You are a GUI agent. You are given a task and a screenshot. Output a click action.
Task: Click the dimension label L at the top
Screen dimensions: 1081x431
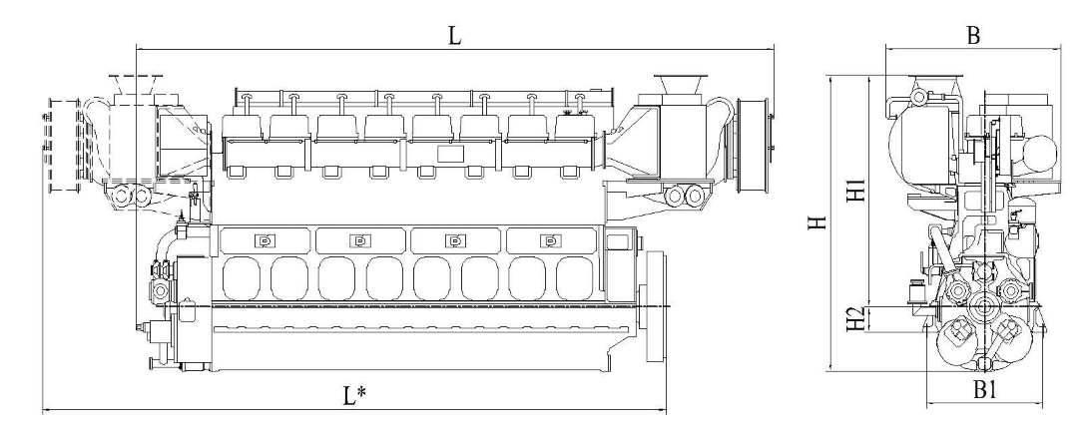(454, 36)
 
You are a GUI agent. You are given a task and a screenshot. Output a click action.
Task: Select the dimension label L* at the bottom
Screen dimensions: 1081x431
(354, 395)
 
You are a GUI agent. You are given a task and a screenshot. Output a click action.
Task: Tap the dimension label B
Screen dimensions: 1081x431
(973, 36)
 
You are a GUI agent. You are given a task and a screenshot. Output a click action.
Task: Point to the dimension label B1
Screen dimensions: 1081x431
(985, 390)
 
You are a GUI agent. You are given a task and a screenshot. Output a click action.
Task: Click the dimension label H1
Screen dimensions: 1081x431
(855, 190)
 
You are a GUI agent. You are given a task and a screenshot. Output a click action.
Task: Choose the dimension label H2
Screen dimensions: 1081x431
(855, 319)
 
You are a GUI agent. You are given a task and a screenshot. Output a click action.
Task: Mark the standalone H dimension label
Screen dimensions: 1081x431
(816, 222)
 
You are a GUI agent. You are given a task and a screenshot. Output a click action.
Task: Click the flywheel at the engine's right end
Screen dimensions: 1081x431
(656, 306)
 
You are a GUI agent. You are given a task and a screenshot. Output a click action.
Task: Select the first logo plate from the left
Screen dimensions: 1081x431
(265, 240)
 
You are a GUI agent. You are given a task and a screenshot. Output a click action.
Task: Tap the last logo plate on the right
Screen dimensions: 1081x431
(550, 240)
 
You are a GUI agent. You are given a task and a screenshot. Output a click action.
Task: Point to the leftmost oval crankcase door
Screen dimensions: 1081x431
(242, 278)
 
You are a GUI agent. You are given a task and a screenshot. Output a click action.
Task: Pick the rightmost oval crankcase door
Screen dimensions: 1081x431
(575, 278)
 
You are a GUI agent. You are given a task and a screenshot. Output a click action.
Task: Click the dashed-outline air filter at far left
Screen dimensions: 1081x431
(64, 145)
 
